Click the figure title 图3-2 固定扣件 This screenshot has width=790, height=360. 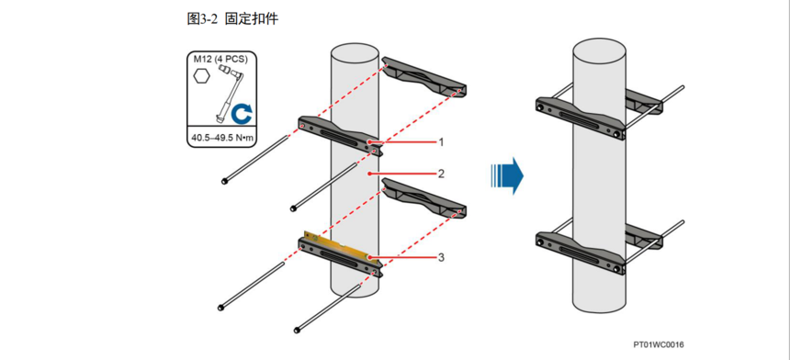(232, 19)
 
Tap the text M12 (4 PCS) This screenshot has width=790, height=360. (220, 60)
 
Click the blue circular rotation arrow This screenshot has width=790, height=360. (242, 114)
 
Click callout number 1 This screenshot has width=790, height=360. (441, 142)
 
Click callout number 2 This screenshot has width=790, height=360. (441, 174)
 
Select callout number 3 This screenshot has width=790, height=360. (441, 257)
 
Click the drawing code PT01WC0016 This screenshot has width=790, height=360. (659, 345)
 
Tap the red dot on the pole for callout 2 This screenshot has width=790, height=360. (370, 174)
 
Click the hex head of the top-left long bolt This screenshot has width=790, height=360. (224, 181)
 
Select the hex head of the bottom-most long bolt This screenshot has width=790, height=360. (297, 331)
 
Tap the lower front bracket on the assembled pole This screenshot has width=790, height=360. (581, 253)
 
